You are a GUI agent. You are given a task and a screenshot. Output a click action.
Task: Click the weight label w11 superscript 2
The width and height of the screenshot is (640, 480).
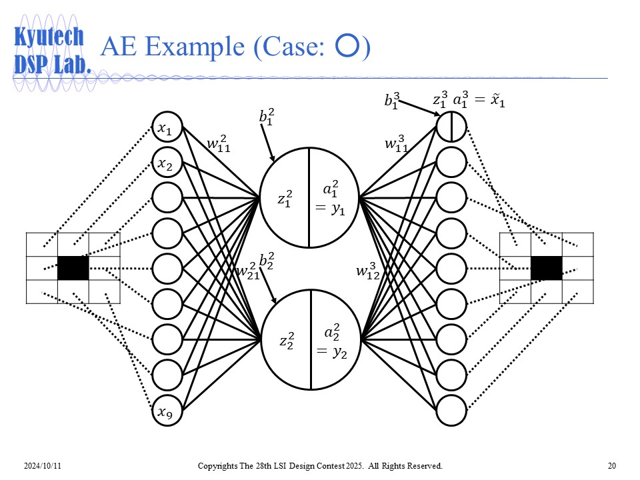point(218,144)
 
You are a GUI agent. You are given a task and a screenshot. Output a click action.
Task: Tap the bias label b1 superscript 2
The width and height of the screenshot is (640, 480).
point(267,117)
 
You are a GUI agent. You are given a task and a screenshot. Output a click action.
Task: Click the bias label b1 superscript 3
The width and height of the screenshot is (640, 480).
point(392,101)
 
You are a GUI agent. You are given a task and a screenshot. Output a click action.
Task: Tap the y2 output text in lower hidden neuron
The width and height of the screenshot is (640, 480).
point(331,353)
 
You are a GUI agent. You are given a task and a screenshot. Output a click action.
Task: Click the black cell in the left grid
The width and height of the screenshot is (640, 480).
point(73,268)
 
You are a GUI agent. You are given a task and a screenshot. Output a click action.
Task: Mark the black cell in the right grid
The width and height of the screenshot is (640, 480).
point(546,268)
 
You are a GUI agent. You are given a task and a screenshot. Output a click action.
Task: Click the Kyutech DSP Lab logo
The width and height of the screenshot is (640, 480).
point(50,50)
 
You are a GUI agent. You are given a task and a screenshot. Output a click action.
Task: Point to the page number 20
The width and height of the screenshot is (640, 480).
point(612,465)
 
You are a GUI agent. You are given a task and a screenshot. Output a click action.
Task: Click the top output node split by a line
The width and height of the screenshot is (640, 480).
point(451,127)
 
